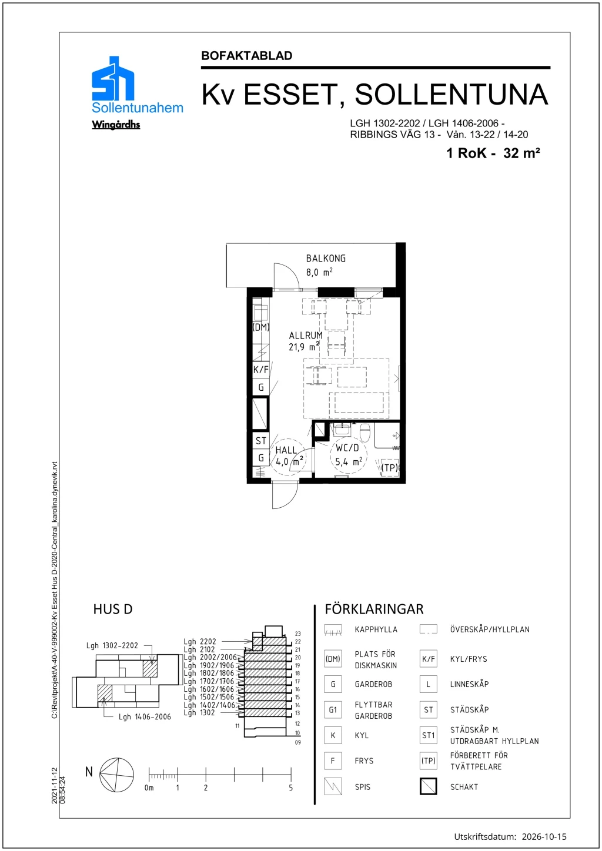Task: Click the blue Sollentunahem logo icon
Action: [113, 79]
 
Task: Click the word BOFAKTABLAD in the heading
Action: [247, 56]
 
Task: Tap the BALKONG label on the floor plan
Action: [326, 259]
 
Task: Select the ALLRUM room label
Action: [306, 336]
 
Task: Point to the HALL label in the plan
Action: [286, 450]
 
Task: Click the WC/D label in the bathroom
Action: [347, 448]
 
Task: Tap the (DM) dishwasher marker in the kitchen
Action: [261, 327]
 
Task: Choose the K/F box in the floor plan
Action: [261, 369]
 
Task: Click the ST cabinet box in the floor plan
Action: [261, 441]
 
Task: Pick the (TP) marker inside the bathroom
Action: [389, 467]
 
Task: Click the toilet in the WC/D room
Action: [365, 433]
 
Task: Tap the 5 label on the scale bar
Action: [291, 788]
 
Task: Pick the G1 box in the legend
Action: [333, 710]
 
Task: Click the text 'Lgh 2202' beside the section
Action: [200, 642]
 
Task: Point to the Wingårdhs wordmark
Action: [116, 125]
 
